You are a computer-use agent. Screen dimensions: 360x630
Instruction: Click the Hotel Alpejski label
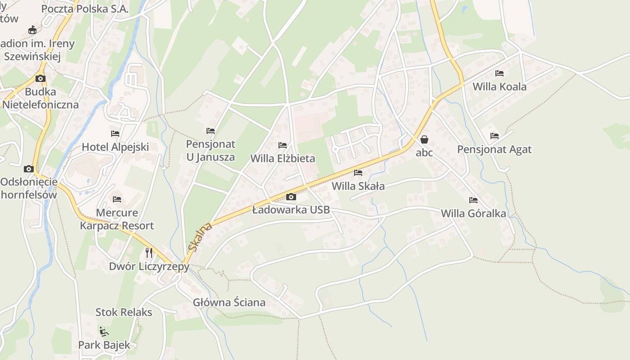(x=115, y=147)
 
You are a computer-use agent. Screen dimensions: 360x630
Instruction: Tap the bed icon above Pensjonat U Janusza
(x=211, y=131)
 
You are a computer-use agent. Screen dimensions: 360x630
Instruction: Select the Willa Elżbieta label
(x=283, y=158)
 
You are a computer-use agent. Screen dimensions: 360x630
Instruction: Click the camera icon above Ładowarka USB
(x=291, y=197)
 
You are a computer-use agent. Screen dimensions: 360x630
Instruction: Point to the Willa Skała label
(x=358, y=186)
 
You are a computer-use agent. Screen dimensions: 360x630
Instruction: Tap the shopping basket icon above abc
(x=424, y=139)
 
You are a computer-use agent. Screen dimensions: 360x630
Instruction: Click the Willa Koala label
(x=499, y=86)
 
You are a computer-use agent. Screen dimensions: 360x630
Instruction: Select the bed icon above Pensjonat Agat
(x=495, y=135)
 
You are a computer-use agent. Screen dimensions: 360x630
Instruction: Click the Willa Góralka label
(x=473, y=213)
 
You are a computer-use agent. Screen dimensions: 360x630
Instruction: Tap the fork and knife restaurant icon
(x=149, y=252)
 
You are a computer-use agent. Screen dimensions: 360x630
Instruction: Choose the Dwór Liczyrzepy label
(x=149, y=266)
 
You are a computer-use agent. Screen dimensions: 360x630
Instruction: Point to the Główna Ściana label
(x=229, y=302)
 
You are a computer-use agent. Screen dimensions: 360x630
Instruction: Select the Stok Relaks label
(x=124, y=312)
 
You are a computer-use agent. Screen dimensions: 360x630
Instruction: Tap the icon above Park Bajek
(x=104, y=332)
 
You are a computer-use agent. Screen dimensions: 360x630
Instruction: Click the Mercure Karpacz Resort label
(x=117, y=219)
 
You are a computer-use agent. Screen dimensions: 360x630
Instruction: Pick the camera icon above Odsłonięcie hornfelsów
(x=29, y=169)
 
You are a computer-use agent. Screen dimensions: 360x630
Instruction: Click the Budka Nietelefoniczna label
(x=40, y=98)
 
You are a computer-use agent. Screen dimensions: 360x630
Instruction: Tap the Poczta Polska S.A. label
(x=85, y=9)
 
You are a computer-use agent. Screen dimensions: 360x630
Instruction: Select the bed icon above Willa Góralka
(x=473, y=200)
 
